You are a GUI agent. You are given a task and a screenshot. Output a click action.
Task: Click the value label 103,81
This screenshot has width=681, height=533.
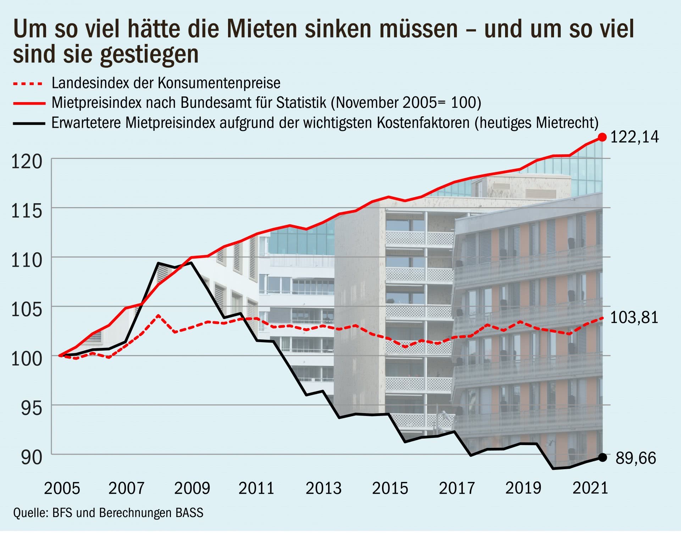pos(634,317)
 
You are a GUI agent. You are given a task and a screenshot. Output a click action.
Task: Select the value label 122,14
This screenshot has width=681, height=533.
pos(634,137)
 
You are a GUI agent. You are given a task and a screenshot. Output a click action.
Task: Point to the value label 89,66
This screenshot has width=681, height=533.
pos(636,458)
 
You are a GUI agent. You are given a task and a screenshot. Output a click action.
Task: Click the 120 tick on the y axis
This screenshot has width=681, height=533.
pos(27,162)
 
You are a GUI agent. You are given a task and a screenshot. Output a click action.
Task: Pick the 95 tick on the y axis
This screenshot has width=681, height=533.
pos(32,408)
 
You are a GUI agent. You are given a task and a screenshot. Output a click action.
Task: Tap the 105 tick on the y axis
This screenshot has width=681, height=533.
pos(27,310)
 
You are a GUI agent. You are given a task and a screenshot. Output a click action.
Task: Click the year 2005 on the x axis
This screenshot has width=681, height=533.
pos(62,488)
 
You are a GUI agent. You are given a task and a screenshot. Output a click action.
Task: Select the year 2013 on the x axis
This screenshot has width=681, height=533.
pos(323,488)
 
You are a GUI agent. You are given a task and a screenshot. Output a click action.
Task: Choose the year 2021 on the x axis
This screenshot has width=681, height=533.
pos(590,488)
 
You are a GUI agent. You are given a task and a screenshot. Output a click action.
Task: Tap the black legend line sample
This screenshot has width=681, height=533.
pos(29,124)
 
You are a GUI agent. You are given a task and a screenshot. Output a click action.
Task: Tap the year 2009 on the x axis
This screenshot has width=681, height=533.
pos(192,488)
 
